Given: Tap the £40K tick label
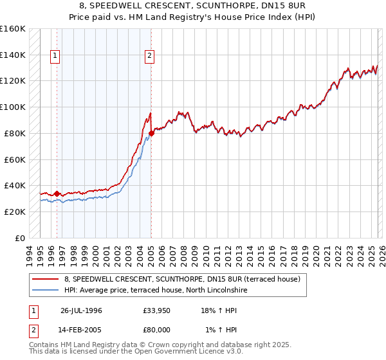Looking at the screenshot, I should pos(14,186).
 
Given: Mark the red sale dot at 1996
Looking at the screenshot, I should pos(57,193).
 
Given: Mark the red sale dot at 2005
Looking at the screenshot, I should pos(151,133).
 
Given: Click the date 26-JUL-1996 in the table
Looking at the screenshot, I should pos(81,310).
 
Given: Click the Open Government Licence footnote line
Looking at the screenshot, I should pos(136,352).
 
